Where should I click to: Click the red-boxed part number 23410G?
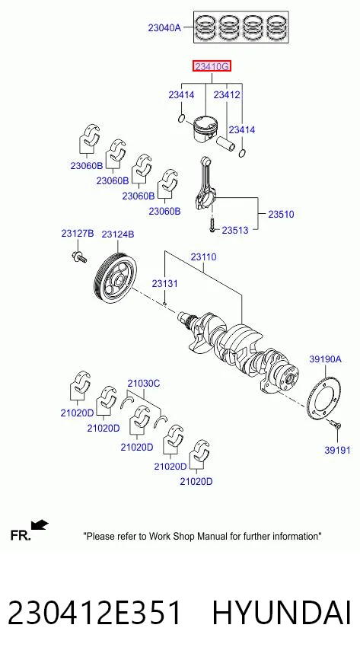[212, 66]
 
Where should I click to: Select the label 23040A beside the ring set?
[164, 28]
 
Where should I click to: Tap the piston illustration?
[206, 129]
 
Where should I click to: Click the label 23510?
[281, 215]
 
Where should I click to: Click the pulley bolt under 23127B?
[79, 257]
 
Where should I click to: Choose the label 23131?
[165, 284]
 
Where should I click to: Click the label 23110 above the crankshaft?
[203, 257]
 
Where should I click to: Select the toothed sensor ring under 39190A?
[323, 398]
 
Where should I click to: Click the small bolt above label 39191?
[336, 424]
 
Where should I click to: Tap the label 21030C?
[144, 384]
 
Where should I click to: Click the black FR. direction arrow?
[40, 525]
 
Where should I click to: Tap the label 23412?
[227, 94]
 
